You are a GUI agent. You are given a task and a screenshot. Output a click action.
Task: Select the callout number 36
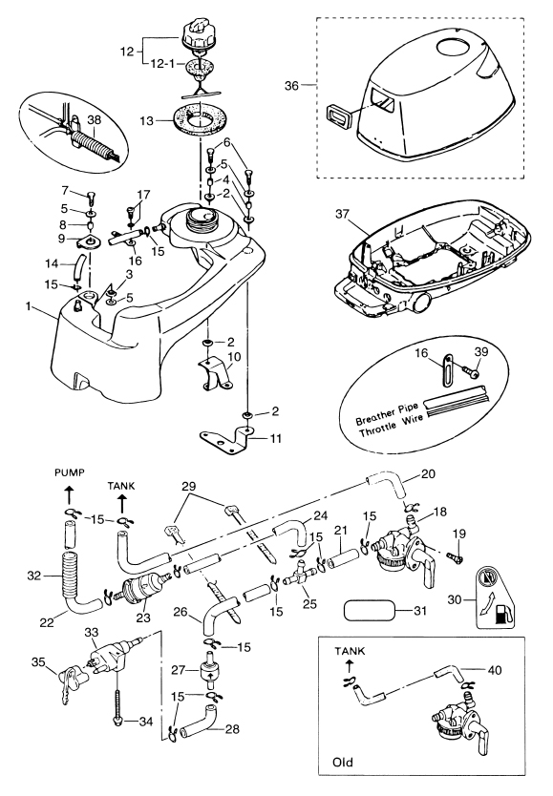pyautogui.click(x=291, y=86)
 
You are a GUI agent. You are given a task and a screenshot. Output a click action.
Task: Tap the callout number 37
pyautogui.click(x=342, y=214)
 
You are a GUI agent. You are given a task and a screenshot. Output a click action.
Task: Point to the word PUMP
pyautogui.click(x=69, y=472)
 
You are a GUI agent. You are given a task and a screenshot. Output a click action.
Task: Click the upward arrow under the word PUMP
pyautogui.click(x=69, y=493)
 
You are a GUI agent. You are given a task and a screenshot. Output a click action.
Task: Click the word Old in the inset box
pyautogui.click(x=343, y=762)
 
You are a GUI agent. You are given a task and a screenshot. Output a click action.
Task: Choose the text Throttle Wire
pyautogui.click(x=391, y=427)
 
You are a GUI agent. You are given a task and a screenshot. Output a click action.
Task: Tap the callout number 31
pyautogui.click(x=420, y=611)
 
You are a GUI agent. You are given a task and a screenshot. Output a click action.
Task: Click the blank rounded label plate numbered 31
pyautogui.click(x=370, y=610)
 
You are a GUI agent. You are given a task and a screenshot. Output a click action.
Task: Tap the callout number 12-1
pyautogui.click(x=162, y=65)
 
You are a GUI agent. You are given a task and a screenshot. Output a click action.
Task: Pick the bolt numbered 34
pyautogui.click(x=117, y=703)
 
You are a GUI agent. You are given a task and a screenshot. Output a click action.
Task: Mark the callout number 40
pyautogui.click(x=494, y=671)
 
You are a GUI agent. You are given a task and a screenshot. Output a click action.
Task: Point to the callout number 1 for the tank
pyautogui.click(x=29, y=306)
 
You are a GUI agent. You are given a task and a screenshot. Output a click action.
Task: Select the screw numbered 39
pyautogui.click(x=469, y=371)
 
